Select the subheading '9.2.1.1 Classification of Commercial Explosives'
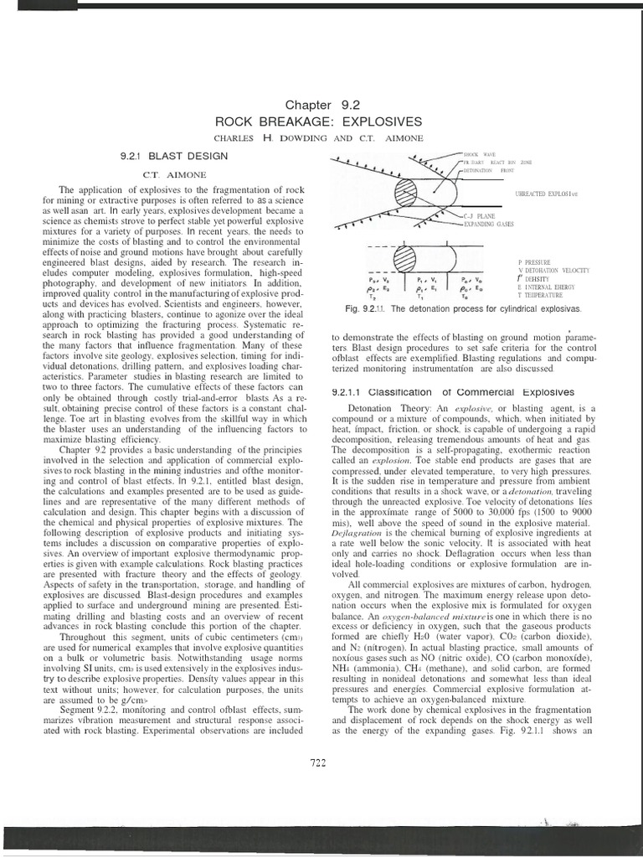pos(453,392)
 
